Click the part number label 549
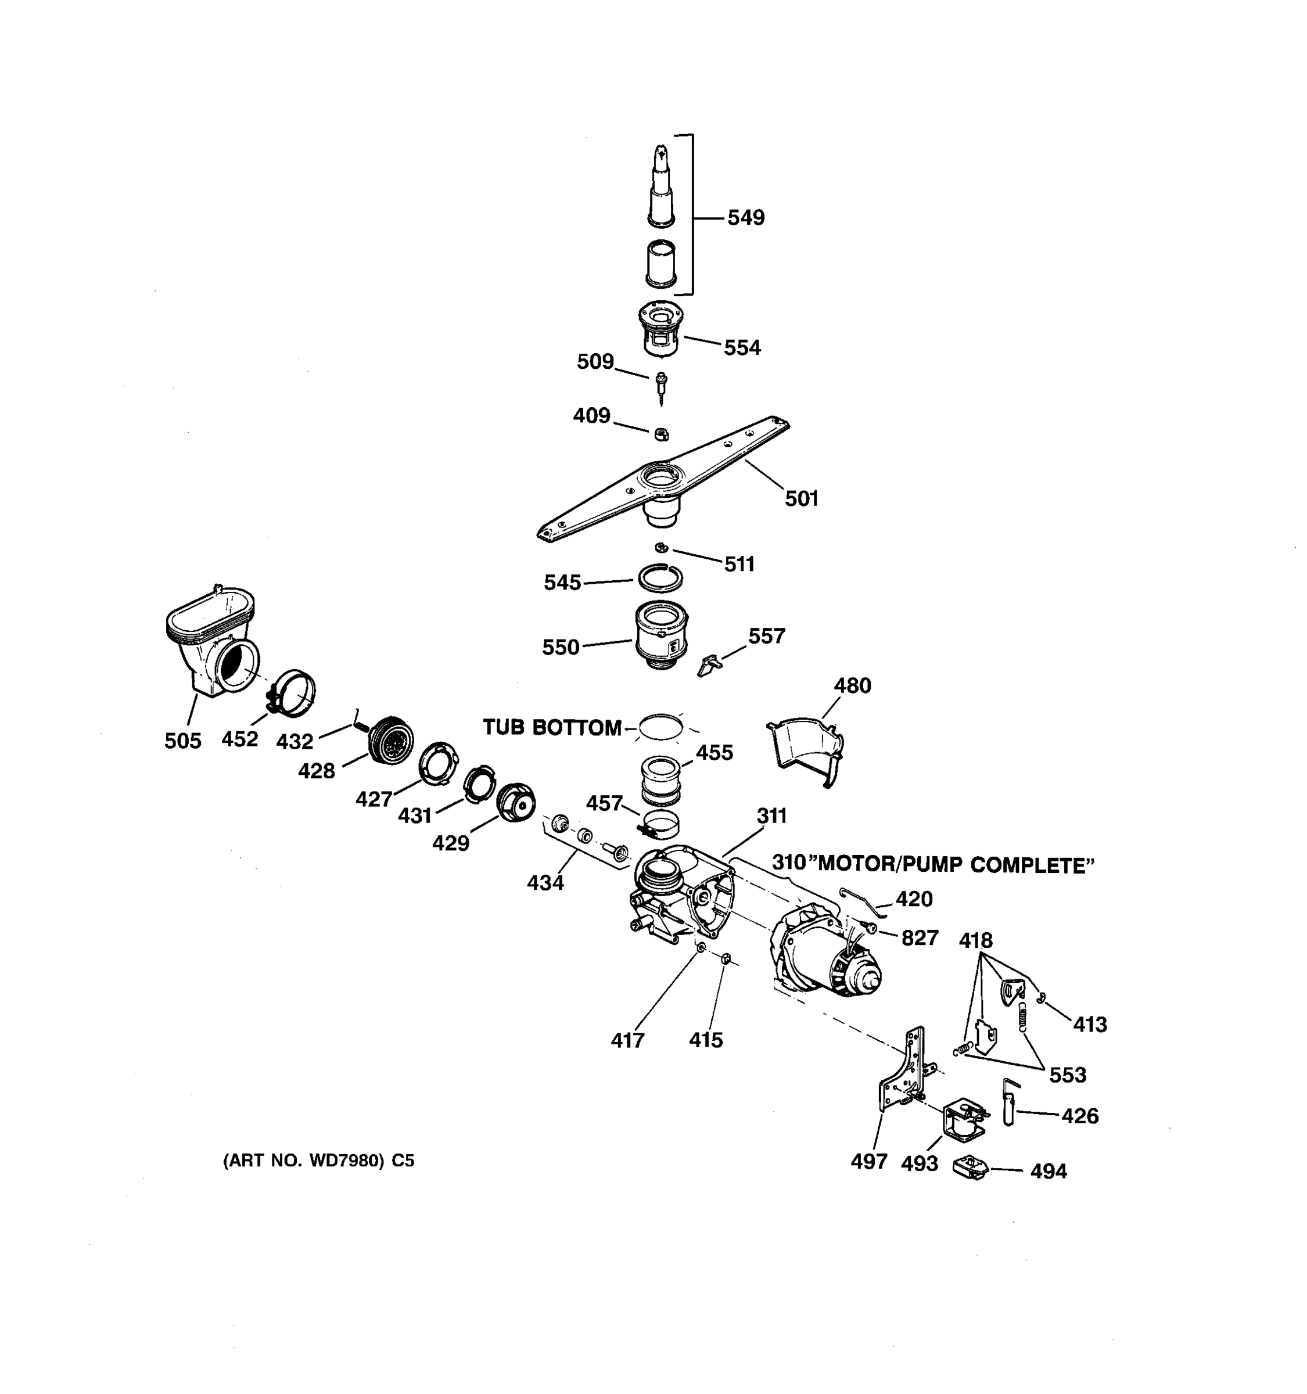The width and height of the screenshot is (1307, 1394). pyautogui.click(x=745, y=218)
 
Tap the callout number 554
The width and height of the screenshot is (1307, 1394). pyautogui.click(x=742, y=348)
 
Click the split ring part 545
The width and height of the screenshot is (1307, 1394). pyautogui.click(x=660, y=579)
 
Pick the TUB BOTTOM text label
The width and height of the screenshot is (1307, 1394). pyautogui.click(x=552, y=728)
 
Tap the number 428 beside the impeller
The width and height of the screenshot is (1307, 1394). pyautogui.click(x=316, y=771)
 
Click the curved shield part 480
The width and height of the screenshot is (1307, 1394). pyautogui.click(x=806, y=747)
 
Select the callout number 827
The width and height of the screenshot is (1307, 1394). pyautogui.click(x=919, y=937)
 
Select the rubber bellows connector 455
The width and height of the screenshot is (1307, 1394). pyautogui.click(x=660, y=778)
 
